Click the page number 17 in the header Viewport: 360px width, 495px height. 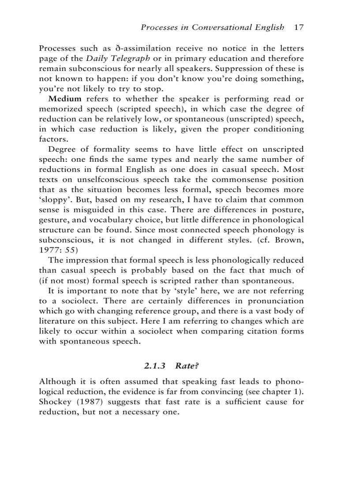coord(299,27)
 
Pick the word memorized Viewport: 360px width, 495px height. coord(60,109)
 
